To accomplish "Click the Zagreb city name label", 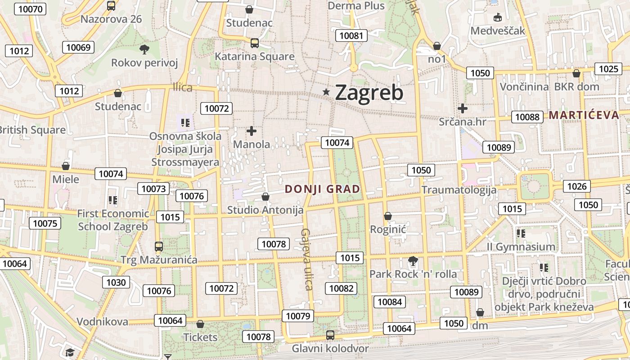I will point(369,93).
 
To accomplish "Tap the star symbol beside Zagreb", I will point(326,92).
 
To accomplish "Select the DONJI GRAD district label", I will point(323,189).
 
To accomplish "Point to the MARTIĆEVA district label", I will point(584,115).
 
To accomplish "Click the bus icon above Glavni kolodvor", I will point(330,335).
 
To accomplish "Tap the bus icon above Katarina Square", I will point(255,43).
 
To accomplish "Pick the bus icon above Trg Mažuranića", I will point(159,247).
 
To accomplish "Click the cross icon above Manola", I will point(252,131).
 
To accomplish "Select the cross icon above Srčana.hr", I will point(462,108).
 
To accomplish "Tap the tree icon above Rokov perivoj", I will point(144,49).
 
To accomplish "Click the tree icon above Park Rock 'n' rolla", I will point(412,261).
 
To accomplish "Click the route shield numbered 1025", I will point(609,69).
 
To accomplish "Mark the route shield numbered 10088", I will point(527,117).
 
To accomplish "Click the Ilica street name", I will point(183,87).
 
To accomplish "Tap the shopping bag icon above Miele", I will point(66,166).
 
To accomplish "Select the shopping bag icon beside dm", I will point(480,312).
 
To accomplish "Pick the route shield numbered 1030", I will point(116,282).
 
